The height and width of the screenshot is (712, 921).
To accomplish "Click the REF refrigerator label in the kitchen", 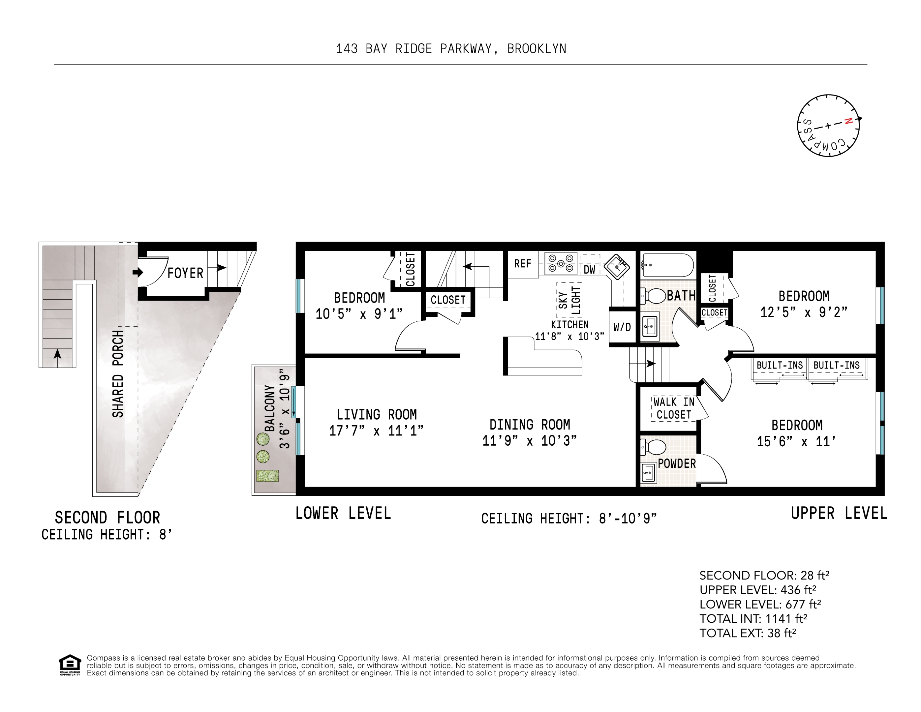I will click(522, 264).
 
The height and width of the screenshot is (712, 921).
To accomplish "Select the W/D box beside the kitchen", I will click(622, 327).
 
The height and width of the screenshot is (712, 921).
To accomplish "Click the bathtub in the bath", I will click(667, 265).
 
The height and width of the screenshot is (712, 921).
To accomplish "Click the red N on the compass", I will click(849, 121).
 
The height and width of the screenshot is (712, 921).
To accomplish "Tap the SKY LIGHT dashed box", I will click(569, 299).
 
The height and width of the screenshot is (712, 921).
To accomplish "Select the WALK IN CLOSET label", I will click(673, 408).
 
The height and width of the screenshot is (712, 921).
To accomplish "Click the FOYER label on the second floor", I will click(185, 273).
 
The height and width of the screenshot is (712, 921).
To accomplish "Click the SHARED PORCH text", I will click(118, 374).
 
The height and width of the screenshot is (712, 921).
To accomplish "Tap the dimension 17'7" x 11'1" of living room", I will click(376, 431).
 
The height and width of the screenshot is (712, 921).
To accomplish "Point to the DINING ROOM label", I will click(530, 425).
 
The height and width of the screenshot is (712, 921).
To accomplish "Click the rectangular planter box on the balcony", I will click(267, 476).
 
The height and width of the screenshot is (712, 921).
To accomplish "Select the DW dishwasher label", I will click(590, 270).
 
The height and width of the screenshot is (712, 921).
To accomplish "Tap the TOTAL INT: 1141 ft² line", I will click(753, 618).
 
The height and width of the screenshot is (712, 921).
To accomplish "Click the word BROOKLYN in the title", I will click(537, 49).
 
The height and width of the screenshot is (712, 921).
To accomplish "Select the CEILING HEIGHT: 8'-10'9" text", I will click(569, 519).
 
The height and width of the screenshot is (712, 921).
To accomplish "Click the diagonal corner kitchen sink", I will click(617, 266).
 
